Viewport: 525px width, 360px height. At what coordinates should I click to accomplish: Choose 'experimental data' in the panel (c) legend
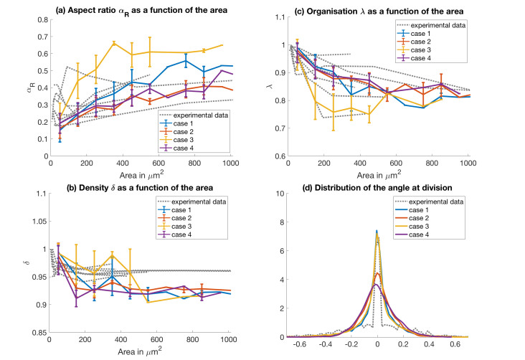435,24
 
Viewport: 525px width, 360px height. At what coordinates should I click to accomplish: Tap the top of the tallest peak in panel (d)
377,230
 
